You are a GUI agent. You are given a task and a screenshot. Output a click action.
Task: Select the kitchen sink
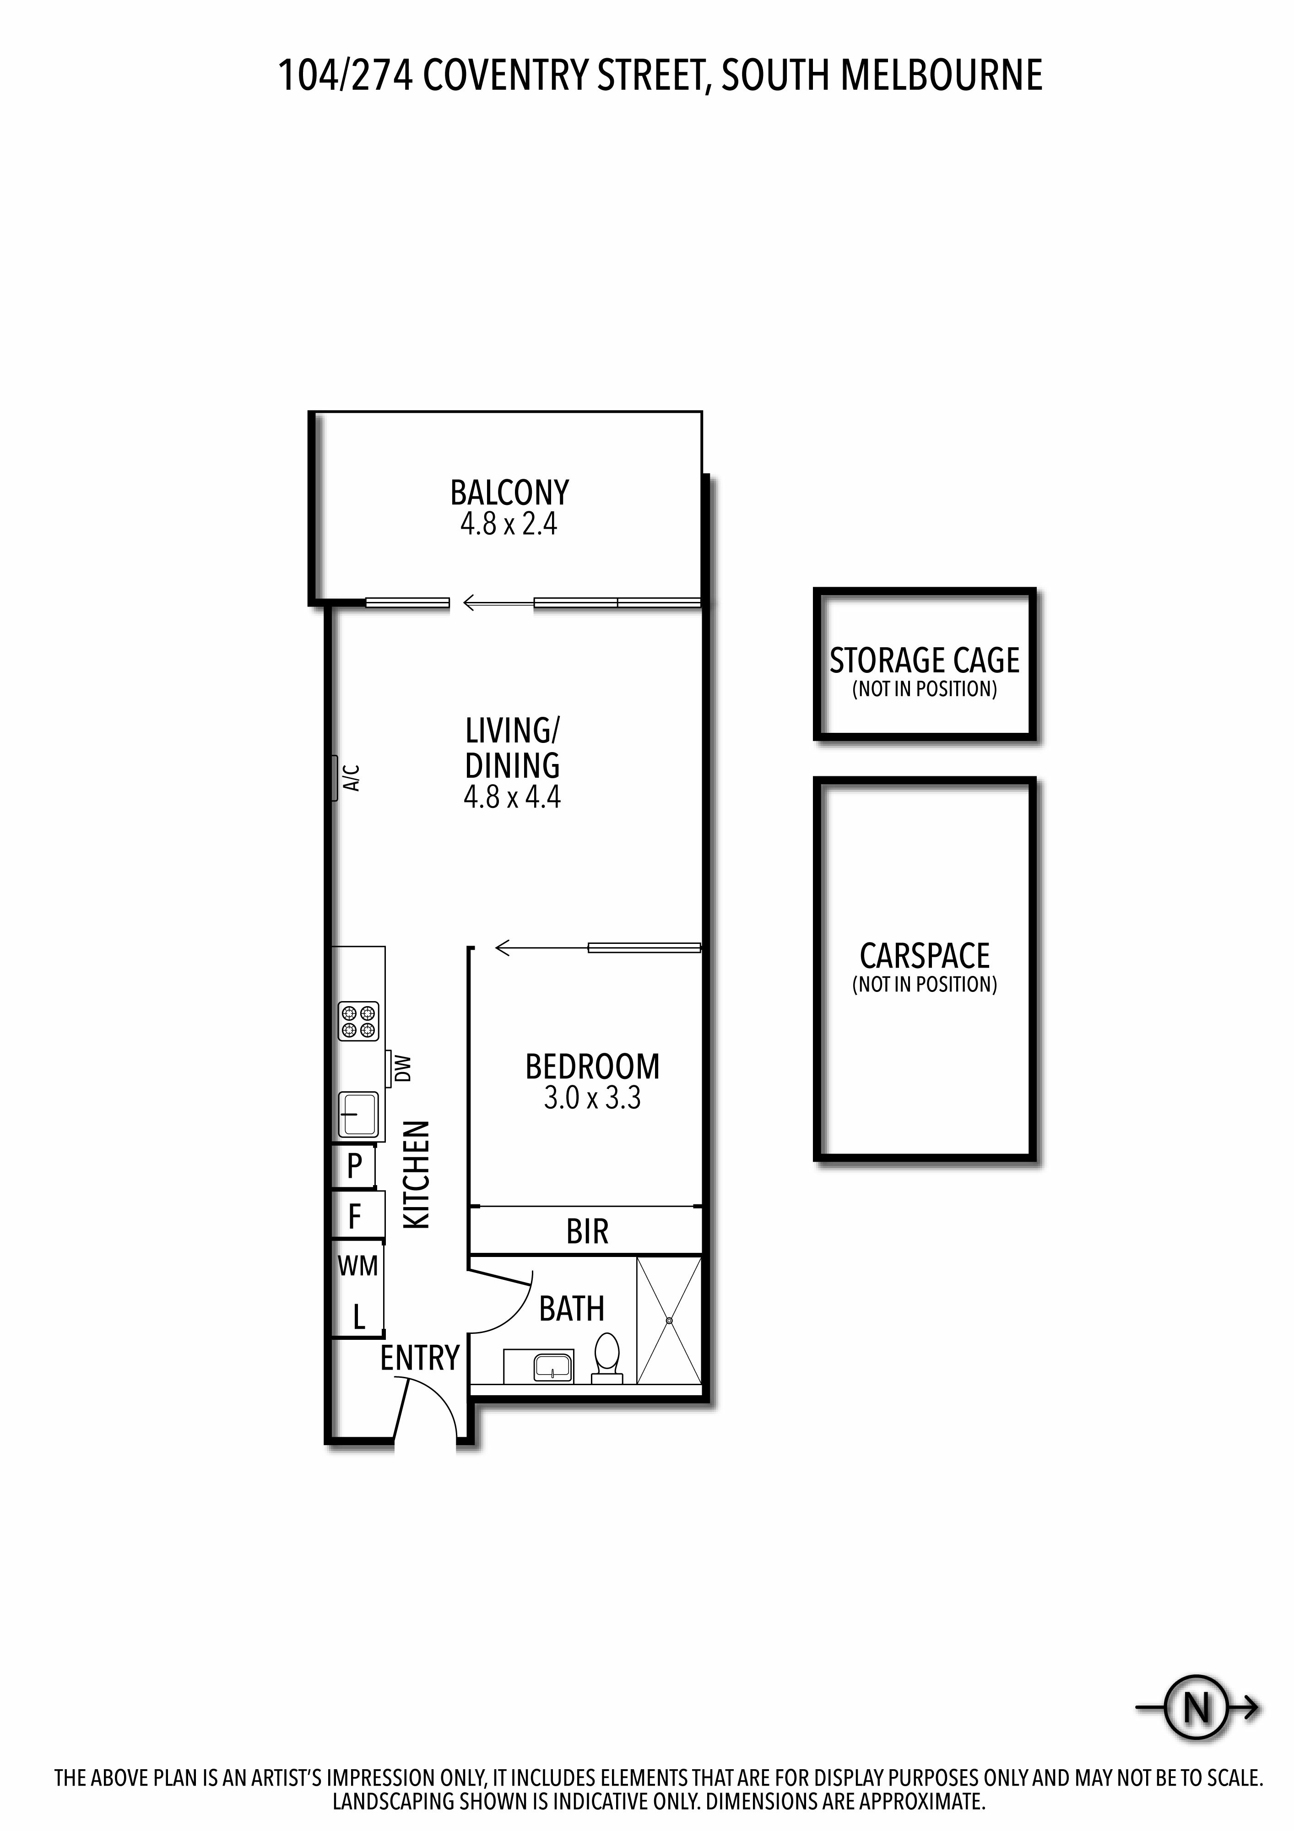coord(358,1113)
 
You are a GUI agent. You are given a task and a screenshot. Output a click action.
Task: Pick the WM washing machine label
coord(358,1266)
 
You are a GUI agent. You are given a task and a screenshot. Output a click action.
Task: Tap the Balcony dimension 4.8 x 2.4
coord(509,524)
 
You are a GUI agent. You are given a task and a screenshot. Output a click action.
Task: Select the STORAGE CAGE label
coord(925,661)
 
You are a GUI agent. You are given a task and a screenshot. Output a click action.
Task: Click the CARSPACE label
coord(925,955)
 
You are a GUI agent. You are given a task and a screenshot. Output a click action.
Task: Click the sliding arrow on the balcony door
coord(498,603)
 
